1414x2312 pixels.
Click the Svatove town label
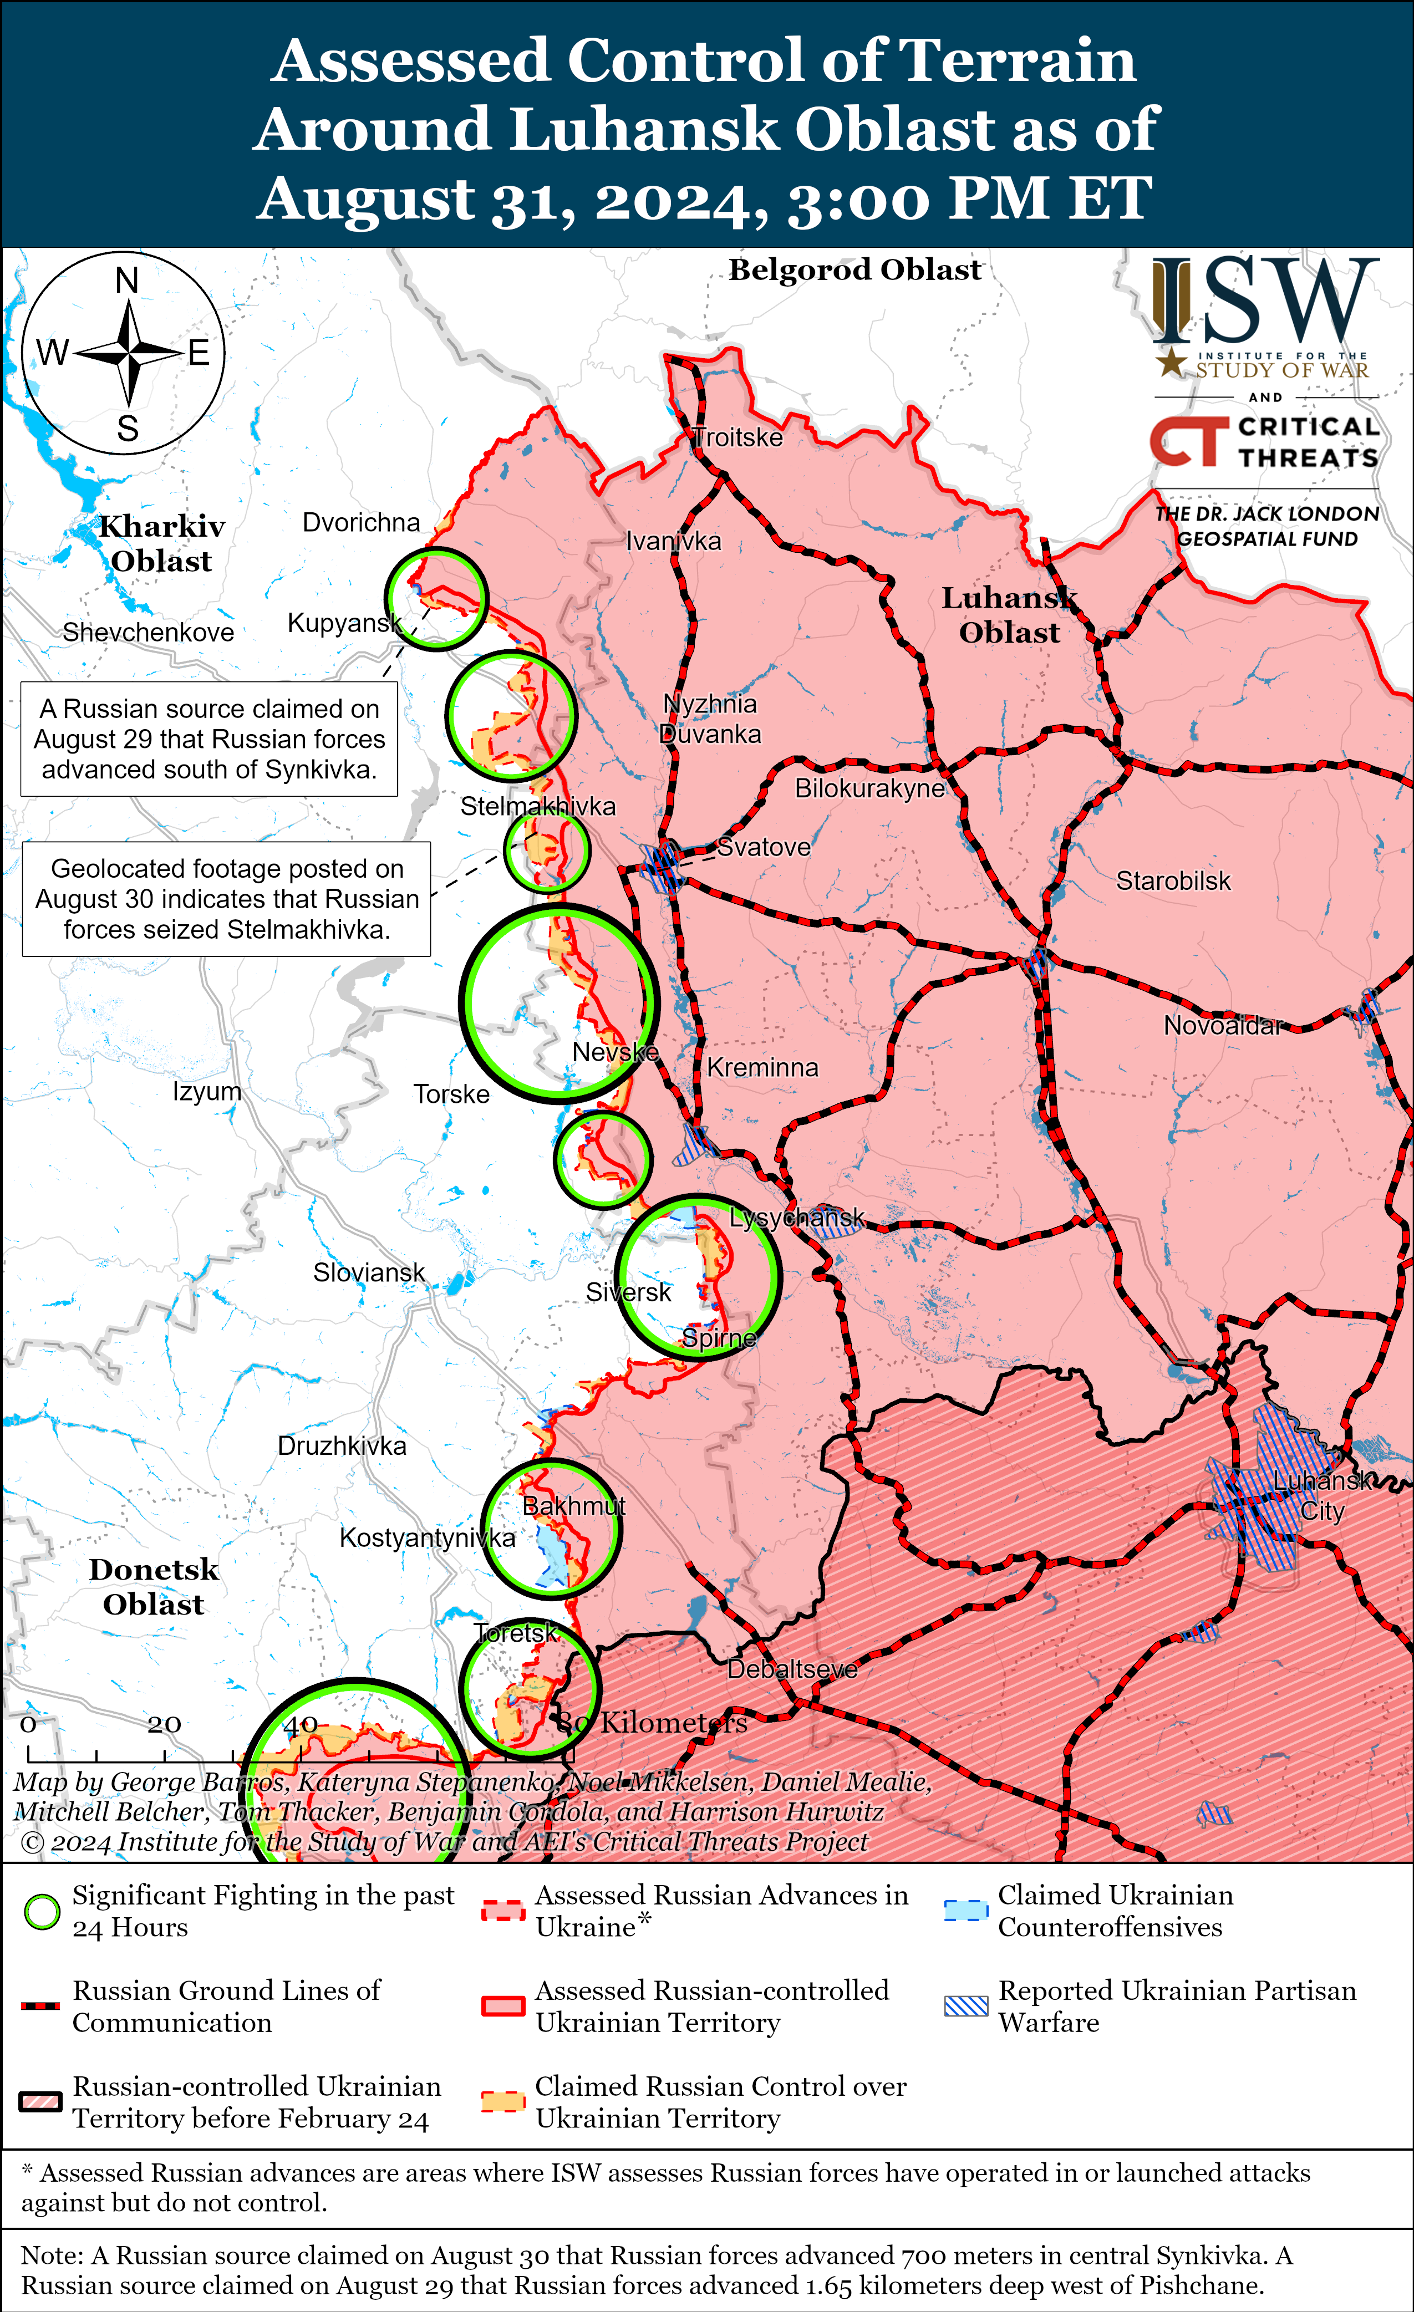tap(764, 847)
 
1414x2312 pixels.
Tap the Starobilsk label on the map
tap(1173, 881)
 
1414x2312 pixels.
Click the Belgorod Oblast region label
tap(855, 270)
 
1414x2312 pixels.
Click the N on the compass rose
tap(126, 281)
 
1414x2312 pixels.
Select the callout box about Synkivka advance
tap(209, 740)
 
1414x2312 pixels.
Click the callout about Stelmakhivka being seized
tap(226, 899)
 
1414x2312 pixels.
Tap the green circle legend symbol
tap(42, 1911)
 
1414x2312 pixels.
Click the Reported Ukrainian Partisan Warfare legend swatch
tap(965, 2006)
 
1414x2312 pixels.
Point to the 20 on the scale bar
tap(164, 1725)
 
